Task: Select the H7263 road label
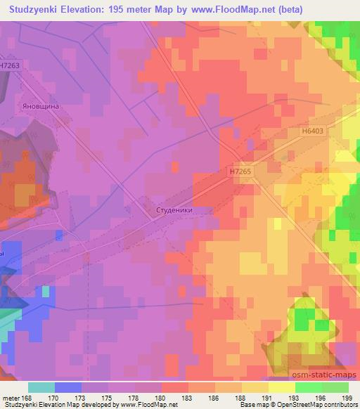[x=11, y=65]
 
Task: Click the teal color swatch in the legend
[x=41, y=387]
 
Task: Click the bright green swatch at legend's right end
[x=335, y=387]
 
